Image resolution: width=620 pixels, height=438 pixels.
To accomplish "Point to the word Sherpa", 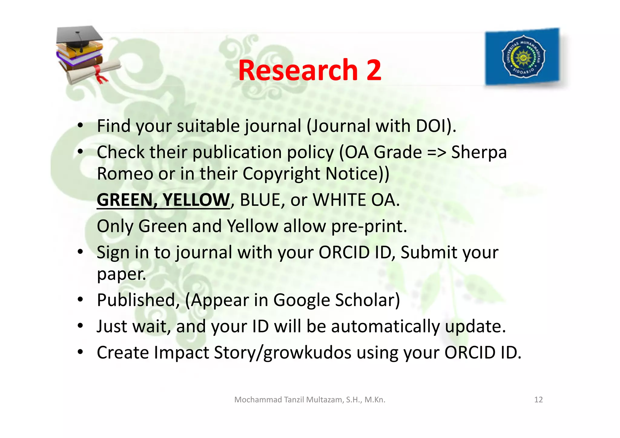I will [479, 152].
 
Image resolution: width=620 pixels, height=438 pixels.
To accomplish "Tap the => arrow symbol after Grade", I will [437, 152].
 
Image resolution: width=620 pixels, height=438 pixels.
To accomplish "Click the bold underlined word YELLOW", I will [196, 200].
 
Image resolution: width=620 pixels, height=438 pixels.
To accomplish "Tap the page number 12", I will [538, 400].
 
